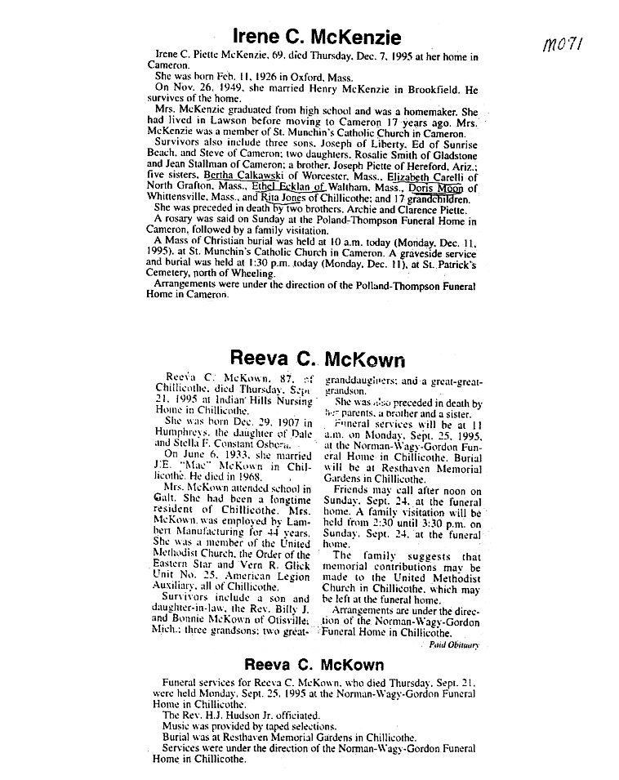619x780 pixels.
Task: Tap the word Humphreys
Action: [x=181, y=434]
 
